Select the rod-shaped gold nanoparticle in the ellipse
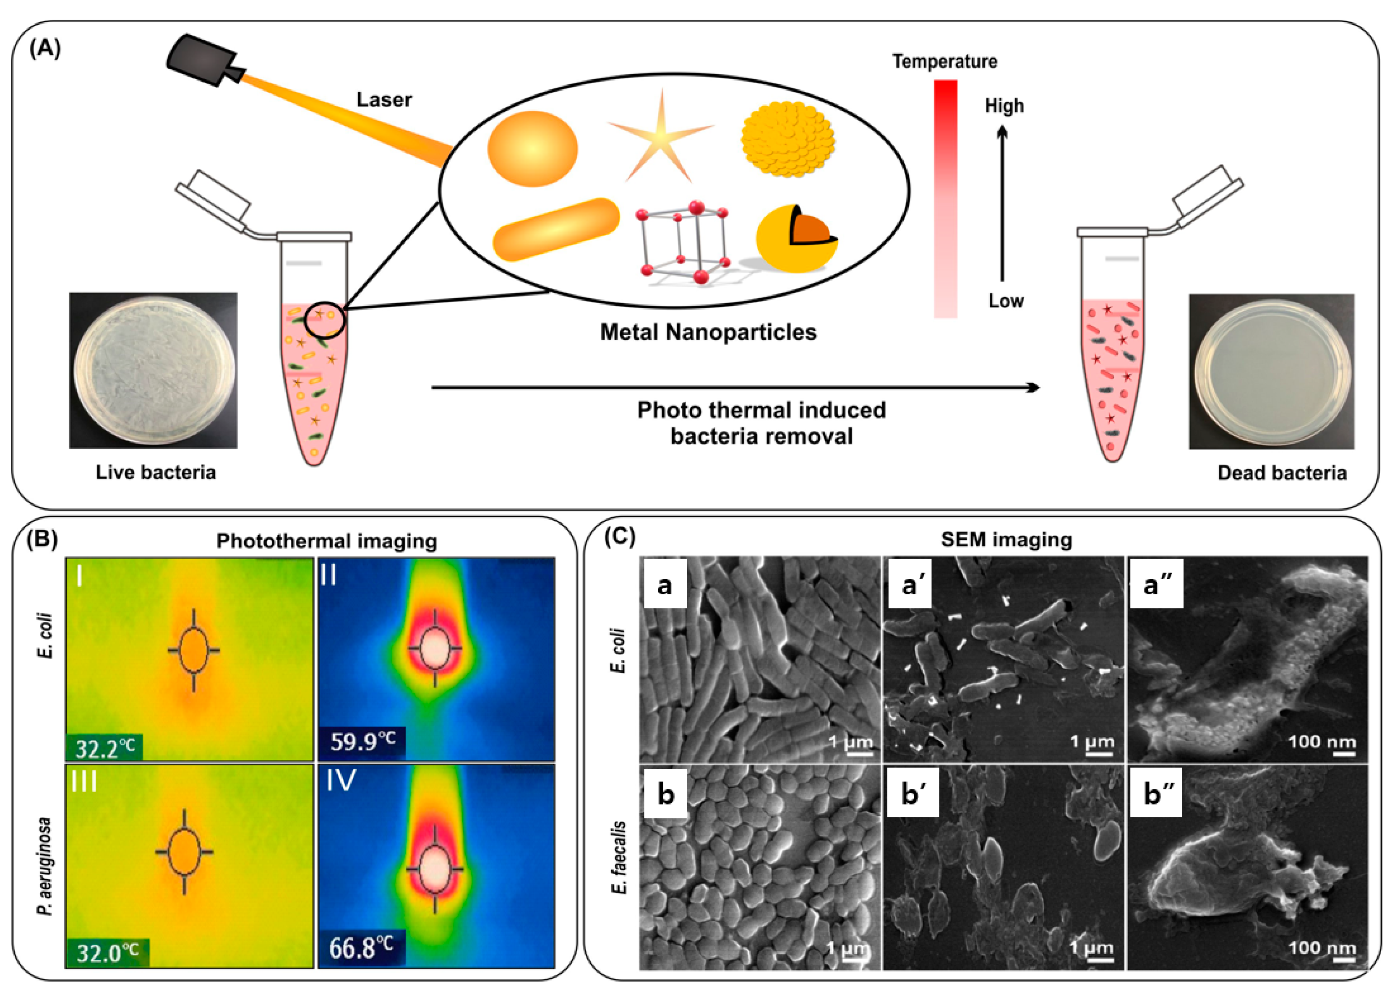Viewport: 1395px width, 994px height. click(556, 229)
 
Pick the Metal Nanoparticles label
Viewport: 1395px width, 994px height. click(708, 332)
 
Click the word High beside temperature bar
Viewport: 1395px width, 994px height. click(1004, 106)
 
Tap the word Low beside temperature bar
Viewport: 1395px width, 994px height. click(1006, 301)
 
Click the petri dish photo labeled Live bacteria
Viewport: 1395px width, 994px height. click(153, 370)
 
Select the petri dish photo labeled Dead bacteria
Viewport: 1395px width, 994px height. click(1271, 372)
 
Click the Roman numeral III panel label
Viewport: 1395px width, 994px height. click(84, 782)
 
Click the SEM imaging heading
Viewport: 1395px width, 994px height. click(1006, 539)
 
